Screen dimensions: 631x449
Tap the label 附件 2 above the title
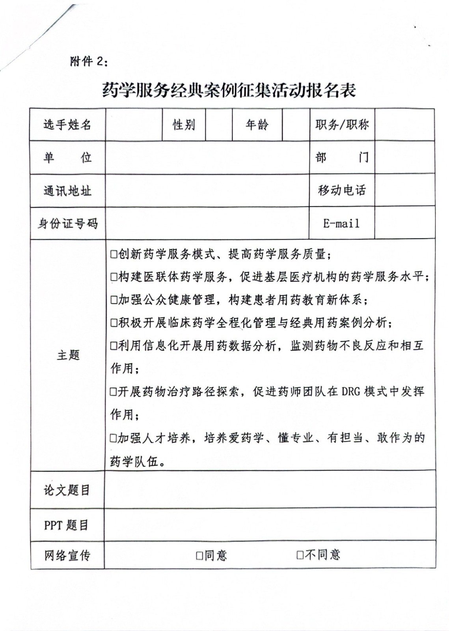pyautogui.click(x=88, y=62)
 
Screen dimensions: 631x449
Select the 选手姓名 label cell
pyautogui.click(x=67, y=125)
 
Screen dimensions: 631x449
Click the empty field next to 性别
pyautogui.click(x=218, y=125)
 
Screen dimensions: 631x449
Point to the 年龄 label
pyautogui.click(x=257, y=125)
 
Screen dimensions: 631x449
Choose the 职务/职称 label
pyautogui.click(x=342, y=125)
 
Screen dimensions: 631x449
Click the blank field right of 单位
pyautogui.click(x=207, y=158)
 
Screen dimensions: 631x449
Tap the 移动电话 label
pyautogui.click(x=342, y=190)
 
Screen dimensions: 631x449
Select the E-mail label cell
pyautogui.click(x=341, y=224)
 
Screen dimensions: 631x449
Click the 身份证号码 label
pyautogui.click(x=67, y=224)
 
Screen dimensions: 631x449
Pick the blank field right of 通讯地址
pyautogui.click(x=207, y=191)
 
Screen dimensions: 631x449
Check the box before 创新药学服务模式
pyautogui.click(x=114, y=254)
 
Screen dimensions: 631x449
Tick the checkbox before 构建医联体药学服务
pyautogui.click(x=114, y=277)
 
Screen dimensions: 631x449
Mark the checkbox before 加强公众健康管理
pyautogui.click(x=114, y=301)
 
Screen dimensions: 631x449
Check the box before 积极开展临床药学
pyautogui.click(x=114, y=323)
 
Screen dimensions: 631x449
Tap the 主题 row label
pyautogui.click(x=68, y=355)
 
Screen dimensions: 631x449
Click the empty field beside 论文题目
pyautogui.click(x=270, y=490)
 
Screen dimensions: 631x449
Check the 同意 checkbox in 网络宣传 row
pyautogui.click(x=200, y=556)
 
